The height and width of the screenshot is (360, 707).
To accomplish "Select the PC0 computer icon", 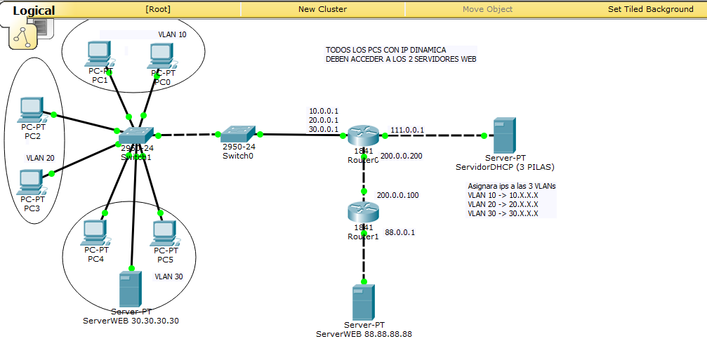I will pyautogui.click(x=161, y=56).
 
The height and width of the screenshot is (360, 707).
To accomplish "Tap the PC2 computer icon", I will pyautogui.click(x=32, y=109).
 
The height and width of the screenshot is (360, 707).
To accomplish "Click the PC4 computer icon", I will pyautogui.click(x=95, y=232).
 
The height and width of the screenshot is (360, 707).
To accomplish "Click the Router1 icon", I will pyautogui.click(x=363, y=213).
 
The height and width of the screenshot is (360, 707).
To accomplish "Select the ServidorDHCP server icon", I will pyautogui.click(x=503, y=136).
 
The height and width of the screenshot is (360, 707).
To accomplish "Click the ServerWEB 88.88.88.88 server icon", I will pyautogui.click(x=363, y=302).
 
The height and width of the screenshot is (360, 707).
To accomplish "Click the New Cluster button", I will pyautogui.click(x=322, y=9).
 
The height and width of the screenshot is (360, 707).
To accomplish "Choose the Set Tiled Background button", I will pyautogui.click(x=650, y=9).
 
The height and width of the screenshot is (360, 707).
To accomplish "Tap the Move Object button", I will pyautogui.click(x=487, y=9).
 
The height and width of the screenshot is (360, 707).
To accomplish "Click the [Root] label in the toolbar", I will pyautogui.click(x=158, y=9).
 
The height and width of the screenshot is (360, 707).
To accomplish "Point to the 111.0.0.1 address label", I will pyautogui.click(x=407, y=129).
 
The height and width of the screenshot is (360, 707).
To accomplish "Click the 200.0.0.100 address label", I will pyautogui.click(x=398, y=195).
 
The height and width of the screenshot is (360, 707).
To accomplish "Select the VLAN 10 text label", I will pyautogui.click(x=172, y=34).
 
